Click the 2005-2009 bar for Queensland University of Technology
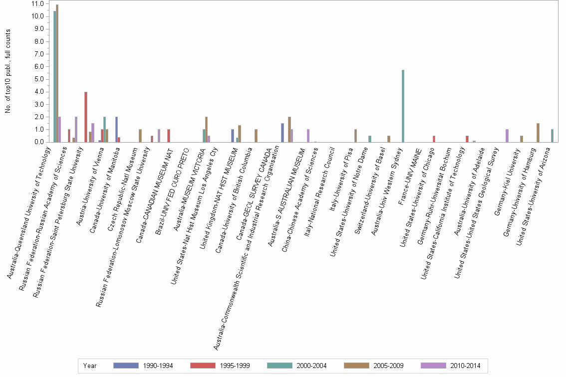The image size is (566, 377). (x=57, y=73)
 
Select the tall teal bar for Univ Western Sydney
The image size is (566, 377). (x=403, y=106)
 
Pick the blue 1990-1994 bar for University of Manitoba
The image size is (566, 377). (x=116, y=129)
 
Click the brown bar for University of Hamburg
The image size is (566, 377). (x=538, y=133)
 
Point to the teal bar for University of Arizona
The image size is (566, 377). (x=552, y=136)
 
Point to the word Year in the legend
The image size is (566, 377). (x=90, y=366)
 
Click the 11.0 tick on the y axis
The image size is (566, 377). (x=38, y=4)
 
